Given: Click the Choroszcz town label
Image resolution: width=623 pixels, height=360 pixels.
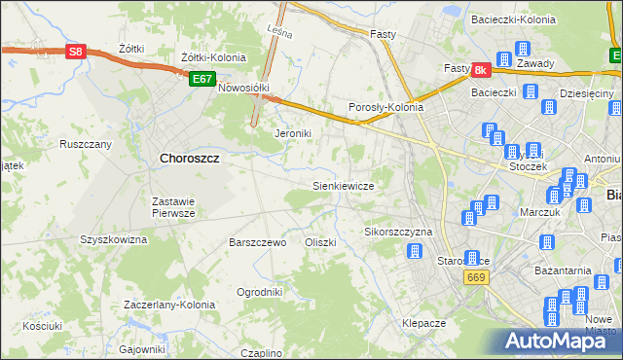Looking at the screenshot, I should coord(188,158).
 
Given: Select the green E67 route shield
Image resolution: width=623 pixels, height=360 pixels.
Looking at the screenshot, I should coord(202,79).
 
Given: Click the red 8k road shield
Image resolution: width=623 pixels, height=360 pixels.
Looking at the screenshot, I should coord(481,70).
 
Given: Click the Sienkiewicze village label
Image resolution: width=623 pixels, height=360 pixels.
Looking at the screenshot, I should coord(343,184).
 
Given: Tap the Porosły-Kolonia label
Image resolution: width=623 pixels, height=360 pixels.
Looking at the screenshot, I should coord(385,107).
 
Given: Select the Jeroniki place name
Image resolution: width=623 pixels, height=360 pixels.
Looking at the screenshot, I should coord(293,133).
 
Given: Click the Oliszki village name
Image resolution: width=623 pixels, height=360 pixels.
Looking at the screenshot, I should coord(320,242).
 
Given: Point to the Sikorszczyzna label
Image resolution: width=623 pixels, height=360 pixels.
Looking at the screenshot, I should coord(397,233).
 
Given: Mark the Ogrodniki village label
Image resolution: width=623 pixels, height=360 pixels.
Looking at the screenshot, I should coord(260,291).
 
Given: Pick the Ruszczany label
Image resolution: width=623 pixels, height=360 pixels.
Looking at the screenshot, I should coord(86,144).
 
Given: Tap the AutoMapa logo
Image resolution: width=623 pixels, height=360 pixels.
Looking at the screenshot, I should coord(554,341).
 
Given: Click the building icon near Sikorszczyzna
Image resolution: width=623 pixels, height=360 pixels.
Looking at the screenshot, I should coord(414,252).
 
